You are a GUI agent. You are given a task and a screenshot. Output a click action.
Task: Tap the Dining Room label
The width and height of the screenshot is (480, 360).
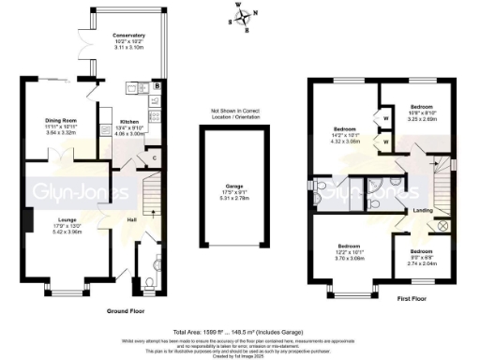[x=63, y=120]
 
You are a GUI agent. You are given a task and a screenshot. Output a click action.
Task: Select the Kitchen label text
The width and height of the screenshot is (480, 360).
[x=130, y=122]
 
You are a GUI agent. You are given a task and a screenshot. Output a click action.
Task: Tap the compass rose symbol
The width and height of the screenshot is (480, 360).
[x=245, y=18]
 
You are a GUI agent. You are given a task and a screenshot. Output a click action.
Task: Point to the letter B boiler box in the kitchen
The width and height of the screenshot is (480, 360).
[x=157, y=87]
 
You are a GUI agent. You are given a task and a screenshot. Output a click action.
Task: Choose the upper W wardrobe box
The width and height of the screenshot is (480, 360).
[x=386, y=119]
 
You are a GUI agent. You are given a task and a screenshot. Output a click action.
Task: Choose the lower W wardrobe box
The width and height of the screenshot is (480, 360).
[x=386, y=142]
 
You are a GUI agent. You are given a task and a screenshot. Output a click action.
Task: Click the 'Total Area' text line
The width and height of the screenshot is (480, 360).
[x=239, y=332]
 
